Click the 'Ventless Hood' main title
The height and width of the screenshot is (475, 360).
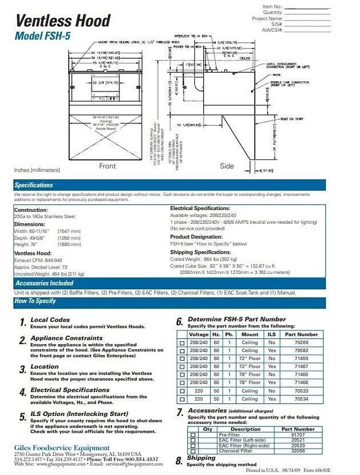63,21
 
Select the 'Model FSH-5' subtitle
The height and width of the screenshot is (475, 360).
43,36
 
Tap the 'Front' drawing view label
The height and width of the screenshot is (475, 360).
107,166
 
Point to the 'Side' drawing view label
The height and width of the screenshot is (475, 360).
226,166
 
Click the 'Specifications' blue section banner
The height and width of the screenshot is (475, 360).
34,185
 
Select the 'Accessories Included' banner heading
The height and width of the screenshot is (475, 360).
44,283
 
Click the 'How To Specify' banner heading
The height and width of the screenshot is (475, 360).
35,301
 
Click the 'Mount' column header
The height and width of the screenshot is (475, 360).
250,335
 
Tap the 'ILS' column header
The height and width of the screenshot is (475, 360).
271,335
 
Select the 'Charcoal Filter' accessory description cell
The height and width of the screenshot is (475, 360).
235,451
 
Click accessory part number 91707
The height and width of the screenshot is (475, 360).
298,435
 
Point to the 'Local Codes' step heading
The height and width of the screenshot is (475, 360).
50,320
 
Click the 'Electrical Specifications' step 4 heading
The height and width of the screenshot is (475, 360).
70,390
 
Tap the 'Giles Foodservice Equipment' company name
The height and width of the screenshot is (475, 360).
62,448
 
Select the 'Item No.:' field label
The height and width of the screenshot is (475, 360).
272,6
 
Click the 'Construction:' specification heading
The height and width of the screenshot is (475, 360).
31,210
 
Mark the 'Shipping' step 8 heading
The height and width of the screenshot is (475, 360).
201,458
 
